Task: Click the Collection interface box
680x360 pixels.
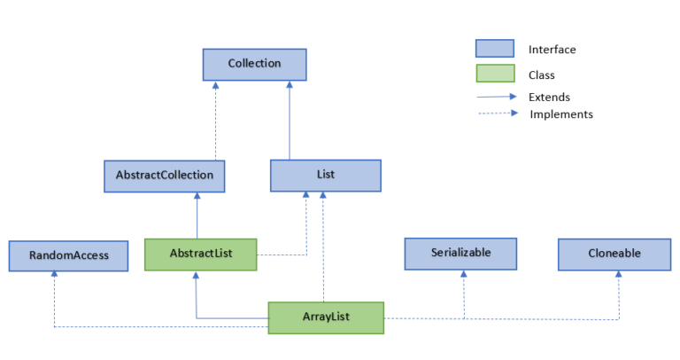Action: tap(254, 64)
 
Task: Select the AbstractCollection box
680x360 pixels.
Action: tap(164, 176)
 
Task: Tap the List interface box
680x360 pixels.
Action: tap(325, 176)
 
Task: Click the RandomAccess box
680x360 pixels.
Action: tap(68, 255)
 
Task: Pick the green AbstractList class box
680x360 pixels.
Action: tap(200, 254)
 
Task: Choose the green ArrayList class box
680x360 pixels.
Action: tap(326, 317)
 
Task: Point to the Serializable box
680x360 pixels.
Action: tap(460, 253)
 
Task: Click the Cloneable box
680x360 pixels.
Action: tap(614, 254)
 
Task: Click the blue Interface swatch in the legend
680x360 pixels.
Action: tap(494, 49)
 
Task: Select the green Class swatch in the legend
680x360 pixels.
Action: tap(494, 74)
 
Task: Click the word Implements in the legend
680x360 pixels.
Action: tap(561, 114)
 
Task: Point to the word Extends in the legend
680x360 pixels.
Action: tap(549, 97)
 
